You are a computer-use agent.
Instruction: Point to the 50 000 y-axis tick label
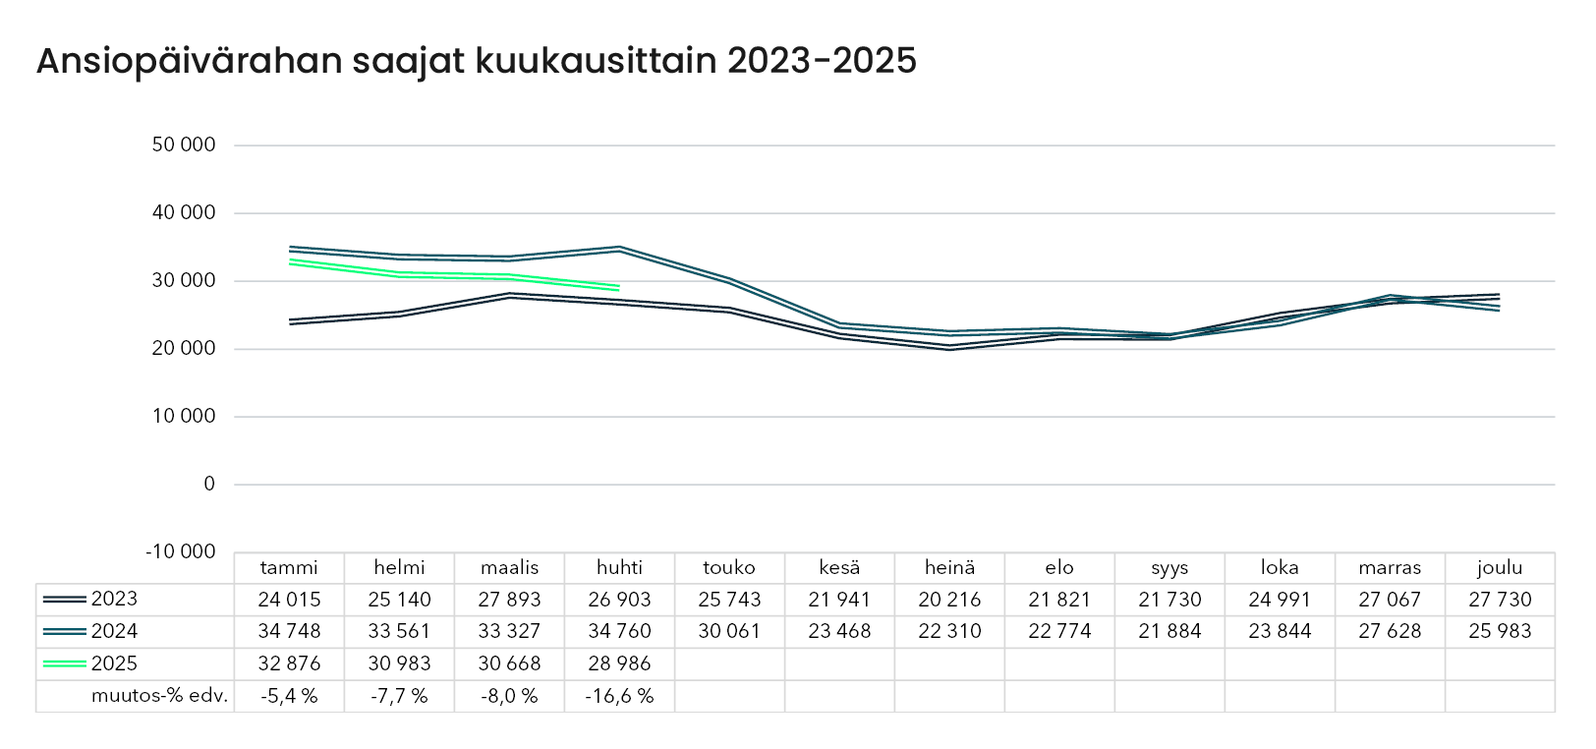183,144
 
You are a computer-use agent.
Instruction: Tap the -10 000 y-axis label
180,551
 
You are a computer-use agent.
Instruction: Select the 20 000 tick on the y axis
183,348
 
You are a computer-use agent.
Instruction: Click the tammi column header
289,567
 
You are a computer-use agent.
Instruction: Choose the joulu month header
1500,567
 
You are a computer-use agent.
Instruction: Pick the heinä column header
949,567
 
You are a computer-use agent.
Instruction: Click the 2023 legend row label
114,599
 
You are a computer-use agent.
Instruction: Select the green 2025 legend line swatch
65,663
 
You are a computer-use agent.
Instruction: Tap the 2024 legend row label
114,631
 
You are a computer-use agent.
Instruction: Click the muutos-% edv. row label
159,696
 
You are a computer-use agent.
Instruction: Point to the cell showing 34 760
619,631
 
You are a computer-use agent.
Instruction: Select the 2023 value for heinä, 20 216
949,599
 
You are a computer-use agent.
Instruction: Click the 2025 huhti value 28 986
619,663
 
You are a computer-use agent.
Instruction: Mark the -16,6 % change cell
619,696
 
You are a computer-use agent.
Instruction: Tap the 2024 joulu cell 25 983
1500,631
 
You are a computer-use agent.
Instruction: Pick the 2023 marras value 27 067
1390,599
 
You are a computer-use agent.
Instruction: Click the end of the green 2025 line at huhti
619,288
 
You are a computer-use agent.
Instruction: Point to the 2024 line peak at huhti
619,249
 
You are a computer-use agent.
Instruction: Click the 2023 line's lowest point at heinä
949,347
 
